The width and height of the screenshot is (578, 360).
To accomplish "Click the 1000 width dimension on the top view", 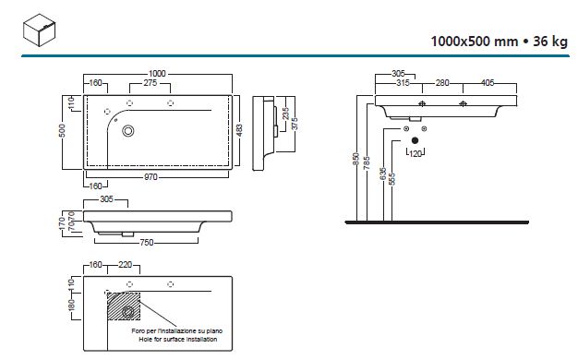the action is [x=157, y=74].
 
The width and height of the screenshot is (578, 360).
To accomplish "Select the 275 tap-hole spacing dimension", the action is [x=150, y=83].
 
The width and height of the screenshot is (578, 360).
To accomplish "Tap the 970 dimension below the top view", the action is [x=151, y=177].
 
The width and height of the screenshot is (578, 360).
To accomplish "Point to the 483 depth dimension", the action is [x=239, y=130].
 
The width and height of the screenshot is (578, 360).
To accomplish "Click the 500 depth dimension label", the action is [x=62, y=130].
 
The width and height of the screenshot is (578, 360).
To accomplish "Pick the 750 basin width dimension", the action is [x=146, y=243].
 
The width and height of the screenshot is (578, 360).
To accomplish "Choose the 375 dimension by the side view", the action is [x=295, y=124].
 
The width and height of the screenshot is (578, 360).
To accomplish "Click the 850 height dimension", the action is [x=356, y=159].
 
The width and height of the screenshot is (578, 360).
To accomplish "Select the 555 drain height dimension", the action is [x=392, y=179].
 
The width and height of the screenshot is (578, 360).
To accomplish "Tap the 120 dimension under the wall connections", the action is [x=415, y=153].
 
